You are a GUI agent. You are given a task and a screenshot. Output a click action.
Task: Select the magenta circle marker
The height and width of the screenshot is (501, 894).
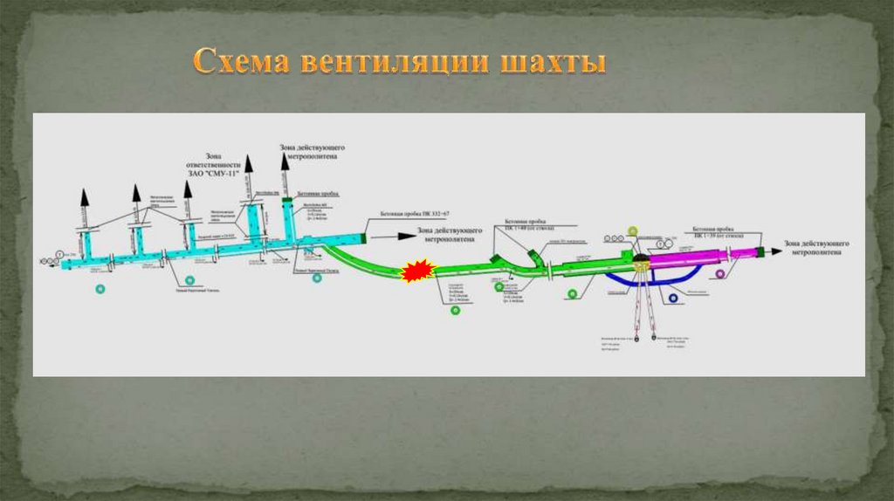pyautogui.click(x=719, y=274)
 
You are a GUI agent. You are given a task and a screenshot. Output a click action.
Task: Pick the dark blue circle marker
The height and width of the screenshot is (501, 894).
pyautogui.click(x=673, y=299)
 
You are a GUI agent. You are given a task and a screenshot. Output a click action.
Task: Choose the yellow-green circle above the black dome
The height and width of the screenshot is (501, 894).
pyautogui.click(x=633, y=230)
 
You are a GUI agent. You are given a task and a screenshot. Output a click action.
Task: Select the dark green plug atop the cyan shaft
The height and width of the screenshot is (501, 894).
pyautogui.click(x=287, y=201)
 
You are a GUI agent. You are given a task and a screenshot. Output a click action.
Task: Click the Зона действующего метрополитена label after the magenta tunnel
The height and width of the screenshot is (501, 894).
pyautogui.click(x=818, y=247)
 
